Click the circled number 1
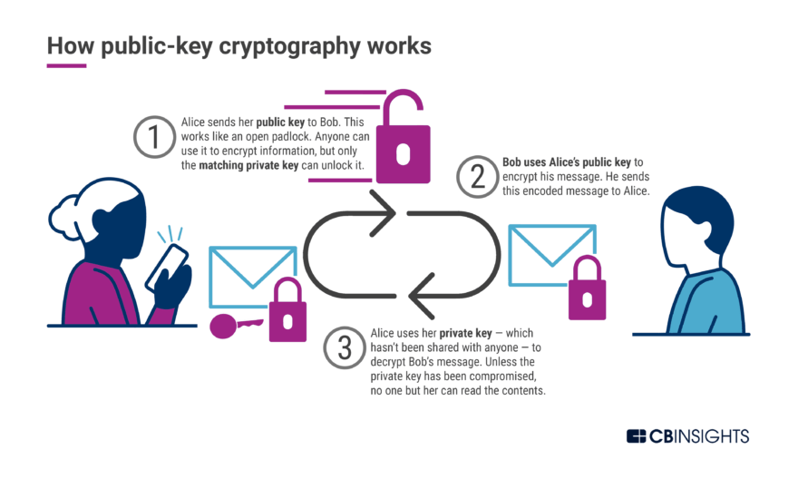click(155, 137)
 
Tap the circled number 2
click(477, 177)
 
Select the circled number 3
click(345, 347)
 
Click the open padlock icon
click(403, 136)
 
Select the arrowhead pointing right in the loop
click(384, 213)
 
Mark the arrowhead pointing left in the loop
click(422, 296)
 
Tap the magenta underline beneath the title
click(67, 65)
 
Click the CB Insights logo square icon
click(637, 436)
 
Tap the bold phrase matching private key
click(248, 165)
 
